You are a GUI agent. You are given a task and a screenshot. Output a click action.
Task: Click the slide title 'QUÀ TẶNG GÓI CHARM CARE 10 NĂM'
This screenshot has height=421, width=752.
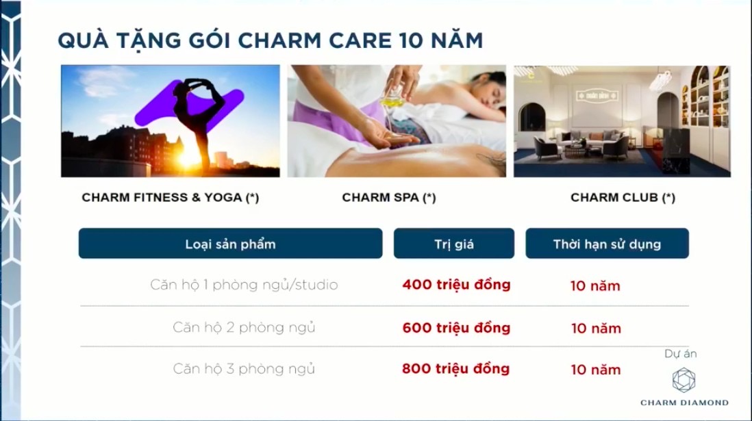tap(270, 40)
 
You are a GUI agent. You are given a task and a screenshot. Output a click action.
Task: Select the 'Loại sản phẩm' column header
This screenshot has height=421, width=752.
tap(230, 244)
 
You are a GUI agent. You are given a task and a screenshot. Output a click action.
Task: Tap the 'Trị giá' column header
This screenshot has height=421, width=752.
tap(453, 244)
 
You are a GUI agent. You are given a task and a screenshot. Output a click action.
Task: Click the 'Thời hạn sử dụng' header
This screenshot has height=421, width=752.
tap(607, 244)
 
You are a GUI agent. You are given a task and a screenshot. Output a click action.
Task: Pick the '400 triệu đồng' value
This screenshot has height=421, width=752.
tap(456, 284)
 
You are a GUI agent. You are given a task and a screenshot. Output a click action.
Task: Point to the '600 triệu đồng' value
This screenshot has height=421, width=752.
tap(456, 327)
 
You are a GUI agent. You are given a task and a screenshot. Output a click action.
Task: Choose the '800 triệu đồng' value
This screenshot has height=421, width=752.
tap(456, 369)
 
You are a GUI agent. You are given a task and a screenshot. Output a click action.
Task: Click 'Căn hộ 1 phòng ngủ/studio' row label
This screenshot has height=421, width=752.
tap(244, 284)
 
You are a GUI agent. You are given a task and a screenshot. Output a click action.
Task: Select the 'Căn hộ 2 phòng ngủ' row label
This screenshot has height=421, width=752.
tap(244, 327)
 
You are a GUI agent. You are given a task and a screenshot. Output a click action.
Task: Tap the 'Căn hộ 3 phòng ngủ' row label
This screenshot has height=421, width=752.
tap(244, 369)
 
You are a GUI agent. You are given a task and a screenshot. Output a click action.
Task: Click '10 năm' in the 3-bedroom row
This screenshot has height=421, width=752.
tap(596, 370)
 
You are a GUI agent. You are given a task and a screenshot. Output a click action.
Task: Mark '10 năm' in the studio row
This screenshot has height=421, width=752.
tap(595, 285)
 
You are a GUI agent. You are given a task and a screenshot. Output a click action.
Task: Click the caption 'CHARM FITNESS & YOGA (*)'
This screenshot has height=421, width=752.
tap(170, 197)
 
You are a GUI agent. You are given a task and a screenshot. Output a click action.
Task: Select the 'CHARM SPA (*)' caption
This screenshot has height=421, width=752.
tap(388, 198)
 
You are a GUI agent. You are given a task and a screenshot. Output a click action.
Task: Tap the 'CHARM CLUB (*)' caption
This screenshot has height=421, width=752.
tap(622, 198)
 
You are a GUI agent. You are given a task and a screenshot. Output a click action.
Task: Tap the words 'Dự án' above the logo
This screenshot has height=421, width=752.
tap(680, 354)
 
